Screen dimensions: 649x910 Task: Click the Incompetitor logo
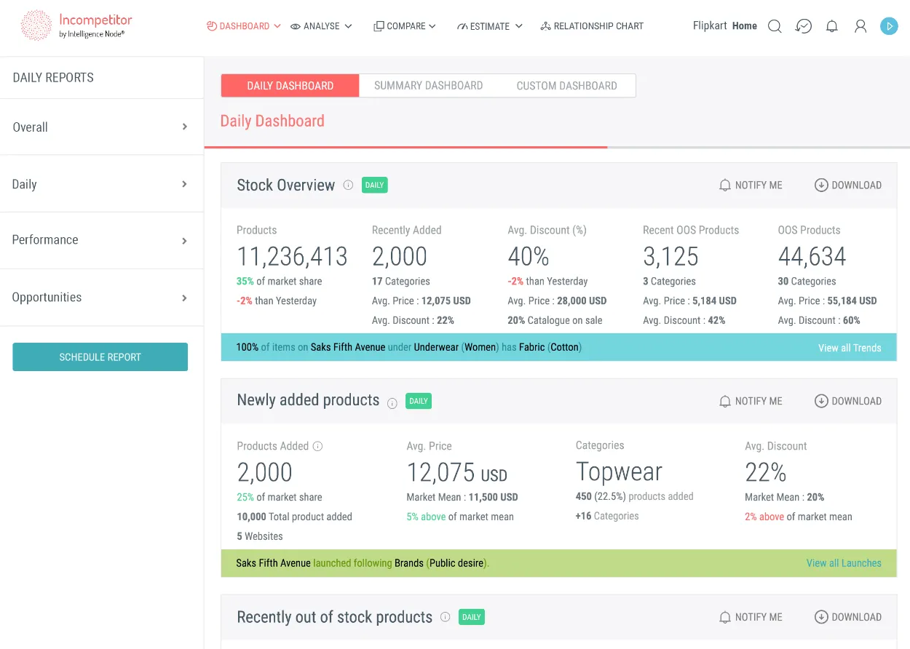coord(76,25)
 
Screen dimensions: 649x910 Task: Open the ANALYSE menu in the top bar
coord(321,26)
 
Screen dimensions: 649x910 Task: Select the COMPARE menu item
coord(405,26)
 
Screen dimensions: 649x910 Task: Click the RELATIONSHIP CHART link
coord(592,26)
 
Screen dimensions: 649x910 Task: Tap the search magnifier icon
coord(775,26)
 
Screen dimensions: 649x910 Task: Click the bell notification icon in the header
coord(831,26)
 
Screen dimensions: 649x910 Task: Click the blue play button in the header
coord(888,26)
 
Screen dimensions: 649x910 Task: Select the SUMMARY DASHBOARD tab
coord(428,86)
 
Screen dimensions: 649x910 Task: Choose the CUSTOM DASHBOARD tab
coord(566,86)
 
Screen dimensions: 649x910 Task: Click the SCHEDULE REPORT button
coord(100,357)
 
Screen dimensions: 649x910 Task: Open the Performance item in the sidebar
coord(45,240)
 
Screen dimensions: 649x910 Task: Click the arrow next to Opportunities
coord(184,298)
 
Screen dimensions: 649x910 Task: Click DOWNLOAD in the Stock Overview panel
coord(848,186)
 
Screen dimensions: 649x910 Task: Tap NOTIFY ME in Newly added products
coord(751,401)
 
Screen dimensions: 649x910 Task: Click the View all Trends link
coord(850,348)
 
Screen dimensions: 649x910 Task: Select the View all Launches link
coord(844,563)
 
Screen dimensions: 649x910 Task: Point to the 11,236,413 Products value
coord(292,257)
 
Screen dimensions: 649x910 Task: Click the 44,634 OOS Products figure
coord(812,257)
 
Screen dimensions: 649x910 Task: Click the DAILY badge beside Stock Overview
coord(374,185)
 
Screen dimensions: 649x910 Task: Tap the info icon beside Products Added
coord(317,446)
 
